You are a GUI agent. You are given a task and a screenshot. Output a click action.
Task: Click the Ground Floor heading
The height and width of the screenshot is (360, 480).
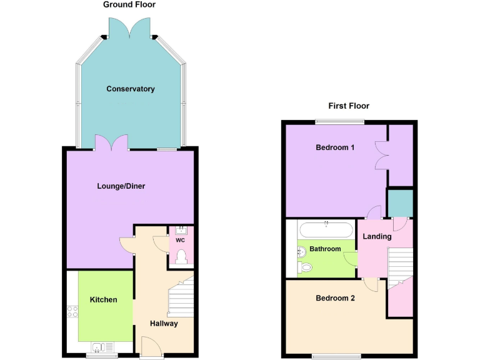pyautogui.click(x=129, y=5)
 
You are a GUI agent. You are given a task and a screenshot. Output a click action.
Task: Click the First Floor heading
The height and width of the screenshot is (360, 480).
pyautogui.click(x=349, y=106)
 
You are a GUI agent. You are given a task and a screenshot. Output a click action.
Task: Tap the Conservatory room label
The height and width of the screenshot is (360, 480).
pyautogui.click(x=131, y=89)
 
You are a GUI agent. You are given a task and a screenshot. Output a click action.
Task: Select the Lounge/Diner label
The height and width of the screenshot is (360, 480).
pyautogui.click(x=121, y=186)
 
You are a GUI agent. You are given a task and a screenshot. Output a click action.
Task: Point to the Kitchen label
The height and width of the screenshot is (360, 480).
pyautogui.click(x=104, y=300)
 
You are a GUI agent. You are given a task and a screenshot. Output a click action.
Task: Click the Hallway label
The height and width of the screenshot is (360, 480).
pyautogui.click(x=164, y=324)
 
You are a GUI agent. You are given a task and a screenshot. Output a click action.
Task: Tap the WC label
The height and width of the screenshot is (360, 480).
pyautogui.click(x=181, y=241)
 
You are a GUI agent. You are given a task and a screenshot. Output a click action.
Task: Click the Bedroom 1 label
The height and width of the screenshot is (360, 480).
pyautogui.click(x=335, y=148)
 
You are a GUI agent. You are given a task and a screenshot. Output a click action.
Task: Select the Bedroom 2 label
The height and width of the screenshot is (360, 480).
pyautogui.click(x=335, y=299)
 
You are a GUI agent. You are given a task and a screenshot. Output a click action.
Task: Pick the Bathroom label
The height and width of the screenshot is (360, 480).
pyautogui.click(x=326, y=249)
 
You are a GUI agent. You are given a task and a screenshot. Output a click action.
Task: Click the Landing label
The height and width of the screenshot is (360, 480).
pyautogui.click(x=377, y=237)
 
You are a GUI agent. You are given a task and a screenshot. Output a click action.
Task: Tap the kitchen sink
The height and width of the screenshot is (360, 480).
pyautogui.click(x=101, y=347)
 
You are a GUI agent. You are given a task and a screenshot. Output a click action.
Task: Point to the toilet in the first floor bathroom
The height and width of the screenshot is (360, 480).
pyautogui.click(x=305, y=267)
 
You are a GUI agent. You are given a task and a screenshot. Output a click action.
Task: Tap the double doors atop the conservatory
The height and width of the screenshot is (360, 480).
pyautogui.click(x=129, y=27)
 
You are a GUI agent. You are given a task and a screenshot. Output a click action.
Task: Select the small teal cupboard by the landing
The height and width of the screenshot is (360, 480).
pyautogui.click(x=400, y=202)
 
